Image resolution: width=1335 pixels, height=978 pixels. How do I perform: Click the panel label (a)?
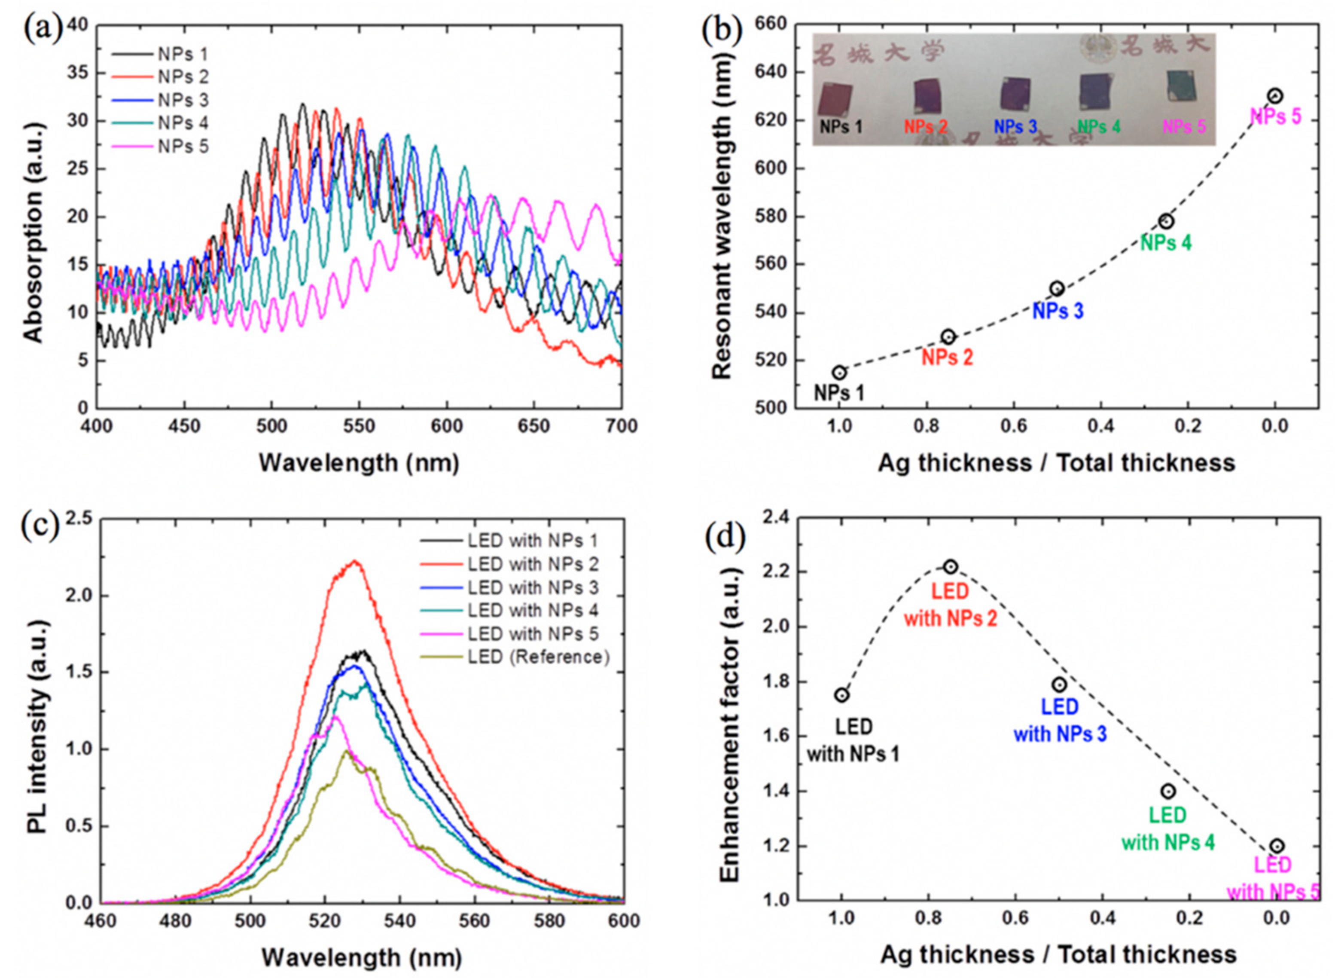pyautogui.click(x=41, y=30)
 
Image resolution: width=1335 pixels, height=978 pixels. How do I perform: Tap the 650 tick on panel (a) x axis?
pyautogui.click(x=534, y=426)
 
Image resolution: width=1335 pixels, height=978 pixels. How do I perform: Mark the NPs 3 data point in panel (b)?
pyautogui.click(x=1057, y=289)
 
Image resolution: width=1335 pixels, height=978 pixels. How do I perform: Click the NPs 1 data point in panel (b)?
pyautogui.click(x=839, y=373)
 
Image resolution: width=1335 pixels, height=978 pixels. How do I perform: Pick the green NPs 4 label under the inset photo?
pyautogui.click(x=1099, y=127)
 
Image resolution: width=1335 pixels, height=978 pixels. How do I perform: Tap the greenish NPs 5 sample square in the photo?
pyautogui.click(x=1181, y=86)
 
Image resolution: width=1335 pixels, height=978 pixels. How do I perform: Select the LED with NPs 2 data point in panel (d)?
pyautogui.click(x=951, y=566)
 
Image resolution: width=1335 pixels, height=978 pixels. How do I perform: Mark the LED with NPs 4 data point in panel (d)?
pyautogui.click(x=1167, y=791)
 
